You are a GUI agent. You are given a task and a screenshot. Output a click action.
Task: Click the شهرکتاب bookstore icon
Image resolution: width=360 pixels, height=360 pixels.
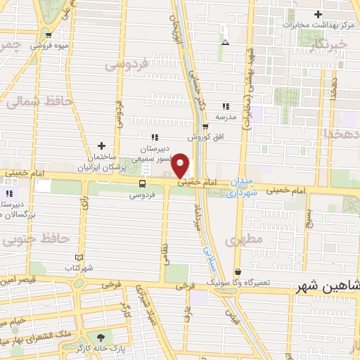(79, 257)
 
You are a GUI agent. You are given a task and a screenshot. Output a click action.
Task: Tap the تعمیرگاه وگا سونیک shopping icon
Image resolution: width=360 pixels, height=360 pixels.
(238, 271)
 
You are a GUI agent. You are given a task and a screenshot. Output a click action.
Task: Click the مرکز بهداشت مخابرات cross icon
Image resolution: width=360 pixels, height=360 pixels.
(319, 13)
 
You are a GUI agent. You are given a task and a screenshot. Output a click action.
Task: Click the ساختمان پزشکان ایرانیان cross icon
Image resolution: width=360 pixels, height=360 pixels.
(102, 146)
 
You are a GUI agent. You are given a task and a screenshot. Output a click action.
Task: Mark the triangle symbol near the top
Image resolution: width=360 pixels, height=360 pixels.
(225, 42)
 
